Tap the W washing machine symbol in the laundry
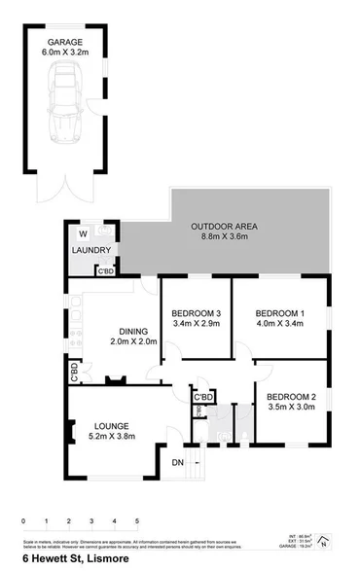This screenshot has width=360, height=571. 84,233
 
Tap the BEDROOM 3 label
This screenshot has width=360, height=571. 196,312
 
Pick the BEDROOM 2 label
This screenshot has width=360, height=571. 292,397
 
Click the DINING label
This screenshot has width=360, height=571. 131,330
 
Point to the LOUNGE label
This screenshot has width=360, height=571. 112,425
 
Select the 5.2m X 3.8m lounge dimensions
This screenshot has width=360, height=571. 112,437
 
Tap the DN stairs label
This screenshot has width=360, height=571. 178,462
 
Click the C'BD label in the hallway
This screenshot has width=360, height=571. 203,398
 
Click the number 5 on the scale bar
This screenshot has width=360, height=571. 138,521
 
